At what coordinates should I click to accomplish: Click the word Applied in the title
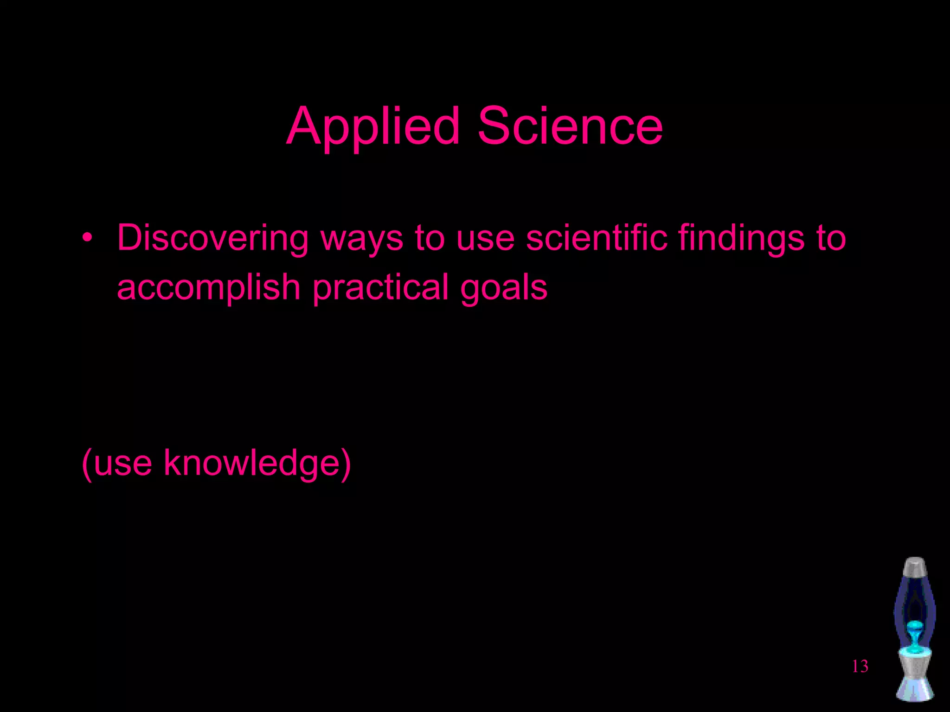pos(373,126)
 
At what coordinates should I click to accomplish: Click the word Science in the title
pos(570,126)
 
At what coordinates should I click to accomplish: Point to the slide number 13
pos(860,667)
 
